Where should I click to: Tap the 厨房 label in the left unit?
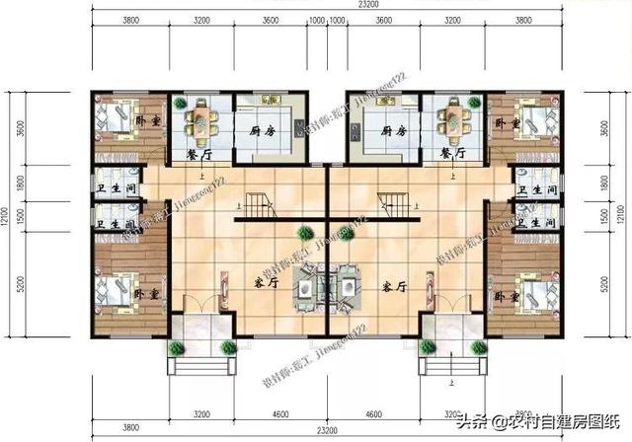point(262,130)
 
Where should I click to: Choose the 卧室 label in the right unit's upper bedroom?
point(508,123)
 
